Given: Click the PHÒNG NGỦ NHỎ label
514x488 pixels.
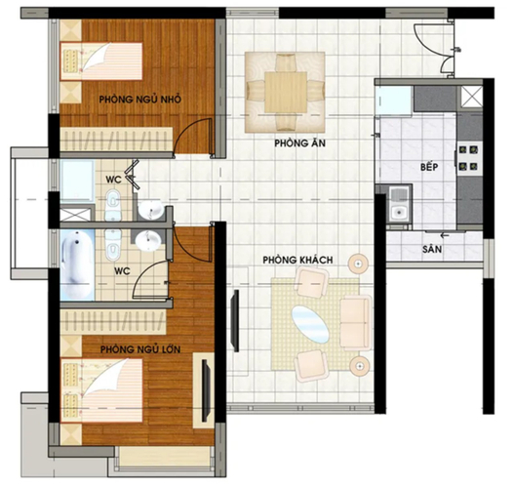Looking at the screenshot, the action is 140,99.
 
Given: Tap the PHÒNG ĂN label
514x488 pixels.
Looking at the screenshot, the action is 300,143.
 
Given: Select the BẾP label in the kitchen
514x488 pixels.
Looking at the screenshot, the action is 429,167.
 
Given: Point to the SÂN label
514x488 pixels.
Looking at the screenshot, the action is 432,249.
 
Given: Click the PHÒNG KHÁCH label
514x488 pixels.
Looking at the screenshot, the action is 297,260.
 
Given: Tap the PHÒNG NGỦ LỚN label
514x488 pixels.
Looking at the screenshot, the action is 140,349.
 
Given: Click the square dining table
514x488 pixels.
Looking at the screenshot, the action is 286,92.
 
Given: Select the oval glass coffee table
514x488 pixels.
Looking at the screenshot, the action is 310,324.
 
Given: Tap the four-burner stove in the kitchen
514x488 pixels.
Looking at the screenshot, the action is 468,159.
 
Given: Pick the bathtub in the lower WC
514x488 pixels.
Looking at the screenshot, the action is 77,264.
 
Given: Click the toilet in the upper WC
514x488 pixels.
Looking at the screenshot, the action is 113,205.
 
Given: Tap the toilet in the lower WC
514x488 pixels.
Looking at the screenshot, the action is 113,245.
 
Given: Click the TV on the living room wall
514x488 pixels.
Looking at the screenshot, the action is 235,320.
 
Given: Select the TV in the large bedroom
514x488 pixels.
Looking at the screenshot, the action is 206,390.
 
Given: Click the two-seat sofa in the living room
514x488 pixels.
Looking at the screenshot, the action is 356,323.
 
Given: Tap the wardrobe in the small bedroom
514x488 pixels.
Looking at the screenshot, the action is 116,140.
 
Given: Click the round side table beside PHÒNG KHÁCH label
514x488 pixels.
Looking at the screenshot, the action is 358,264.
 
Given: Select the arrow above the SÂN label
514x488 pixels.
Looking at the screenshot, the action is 445,235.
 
